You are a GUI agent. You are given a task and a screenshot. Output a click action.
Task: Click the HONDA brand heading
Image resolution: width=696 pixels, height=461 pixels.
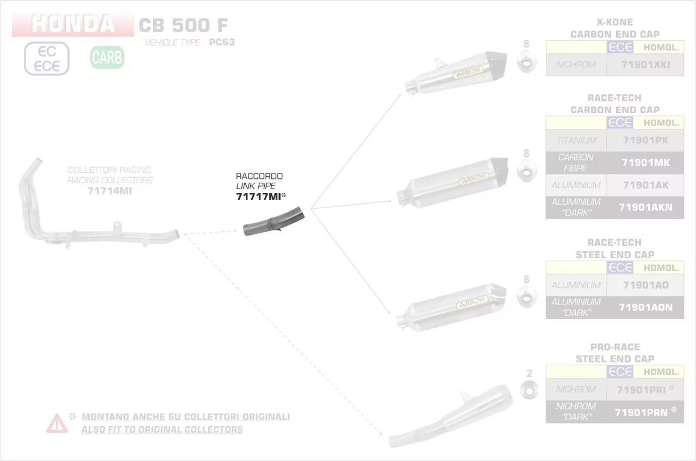coord(73,24)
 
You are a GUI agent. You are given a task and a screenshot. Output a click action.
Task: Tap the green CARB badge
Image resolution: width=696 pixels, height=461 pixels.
coord(107,57)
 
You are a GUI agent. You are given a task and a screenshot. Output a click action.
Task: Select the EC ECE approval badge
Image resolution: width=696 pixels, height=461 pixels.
coord(47,59)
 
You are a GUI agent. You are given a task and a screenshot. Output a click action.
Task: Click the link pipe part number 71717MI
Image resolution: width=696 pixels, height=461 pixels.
coord(259,197)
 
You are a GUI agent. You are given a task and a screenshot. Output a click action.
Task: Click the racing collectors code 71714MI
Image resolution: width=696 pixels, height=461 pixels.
coord(109,191)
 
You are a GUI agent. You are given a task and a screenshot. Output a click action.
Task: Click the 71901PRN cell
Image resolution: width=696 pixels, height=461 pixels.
coord(645,412)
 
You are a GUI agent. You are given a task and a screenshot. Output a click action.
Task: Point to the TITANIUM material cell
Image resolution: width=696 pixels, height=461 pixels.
coord(576,140)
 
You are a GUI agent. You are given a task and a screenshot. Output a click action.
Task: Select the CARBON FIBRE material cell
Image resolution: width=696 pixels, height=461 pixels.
coord(576,163)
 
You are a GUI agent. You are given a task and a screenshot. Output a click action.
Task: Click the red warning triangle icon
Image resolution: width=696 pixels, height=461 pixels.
coord(57,423)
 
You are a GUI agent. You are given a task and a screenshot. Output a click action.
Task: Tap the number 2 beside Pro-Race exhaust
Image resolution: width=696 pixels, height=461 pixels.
coord(529,373)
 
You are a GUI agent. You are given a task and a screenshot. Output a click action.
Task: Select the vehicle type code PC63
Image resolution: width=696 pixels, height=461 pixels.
coord(222,42)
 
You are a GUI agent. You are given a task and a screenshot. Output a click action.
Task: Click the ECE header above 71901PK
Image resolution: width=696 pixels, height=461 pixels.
coord(620,123)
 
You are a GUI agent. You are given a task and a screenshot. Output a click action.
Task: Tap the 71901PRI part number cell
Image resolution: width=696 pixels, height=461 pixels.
coord(645,389)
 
